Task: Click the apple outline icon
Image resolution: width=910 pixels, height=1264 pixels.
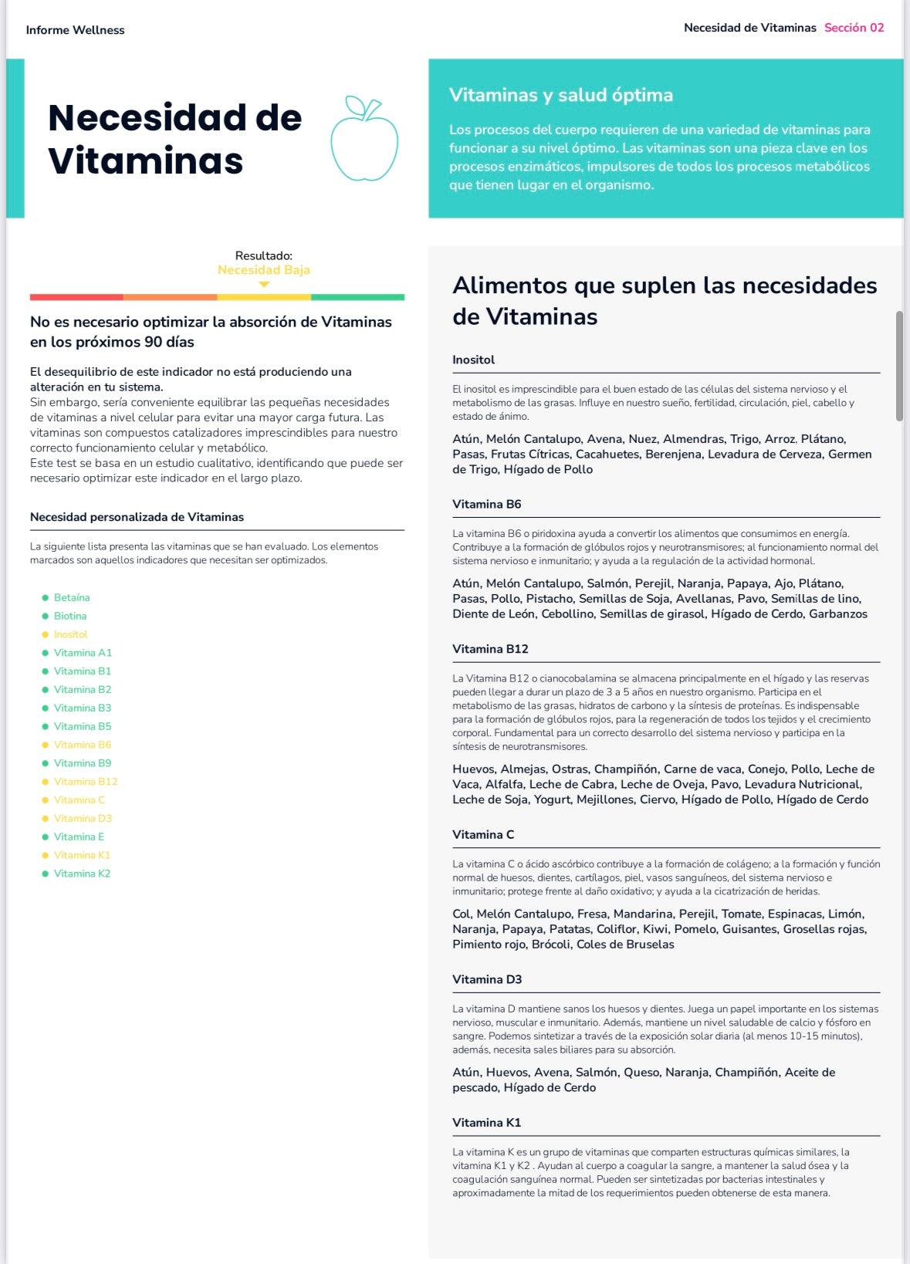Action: tap(364, 140)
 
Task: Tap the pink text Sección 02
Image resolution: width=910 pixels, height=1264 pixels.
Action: tap(854, 28)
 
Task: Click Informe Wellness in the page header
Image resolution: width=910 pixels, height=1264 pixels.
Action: tap(75, 30)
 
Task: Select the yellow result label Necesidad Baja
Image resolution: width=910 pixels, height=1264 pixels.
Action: tap(263, 270)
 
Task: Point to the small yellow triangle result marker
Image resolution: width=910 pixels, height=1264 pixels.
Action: tap(264, 285)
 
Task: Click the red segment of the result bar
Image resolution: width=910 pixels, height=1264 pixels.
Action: tap(76, 297)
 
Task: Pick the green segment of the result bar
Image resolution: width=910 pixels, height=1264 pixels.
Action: tap(357, 297)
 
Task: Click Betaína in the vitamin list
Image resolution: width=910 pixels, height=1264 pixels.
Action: tap(72, 597)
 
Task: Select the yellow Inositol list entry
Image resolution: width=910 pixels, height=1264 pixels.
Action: tap(70, 634)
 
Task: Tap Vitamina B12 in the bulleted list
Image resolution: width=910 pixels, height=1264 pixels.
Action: tap(86, 782)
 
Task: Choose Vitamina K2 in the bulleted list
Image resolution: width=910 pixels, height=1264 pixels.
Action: tap(82, 874)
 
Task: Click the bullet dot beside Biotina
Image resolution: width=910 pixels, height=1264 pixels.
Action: tap(45, 616)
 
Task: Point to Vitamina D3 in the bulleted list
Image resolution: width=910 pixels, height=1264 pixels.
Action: tap(83, 818)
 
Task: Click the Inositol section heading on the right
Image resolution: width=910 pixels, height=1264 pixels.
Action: tap(473, 360)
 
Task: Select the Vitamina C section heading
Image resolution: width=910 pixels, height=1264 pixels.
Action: tap(482, 834)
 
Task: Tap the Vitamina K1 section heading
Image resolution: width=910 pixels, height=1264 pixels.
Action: tap(486, 1123)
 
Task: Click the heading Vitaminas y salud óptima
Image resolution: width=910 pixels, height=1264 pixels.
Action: tap(561, 95)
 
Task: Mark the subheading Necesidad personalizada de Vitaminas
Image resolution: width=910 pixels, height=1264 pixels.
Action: tap(137, 517)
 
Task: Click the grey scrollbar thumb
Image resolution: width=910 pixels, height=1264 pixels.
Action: tap(899, 366)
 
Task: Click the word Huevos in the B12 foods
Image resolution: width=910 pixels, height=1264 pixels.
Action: tap(473, 769)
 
